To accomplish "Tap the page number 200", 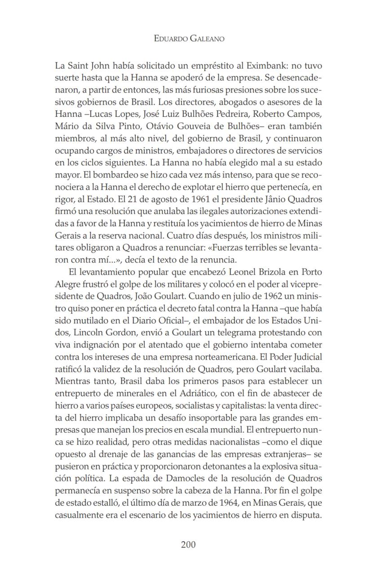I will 188,545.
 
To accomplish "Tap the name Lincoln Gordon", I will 95,332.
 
